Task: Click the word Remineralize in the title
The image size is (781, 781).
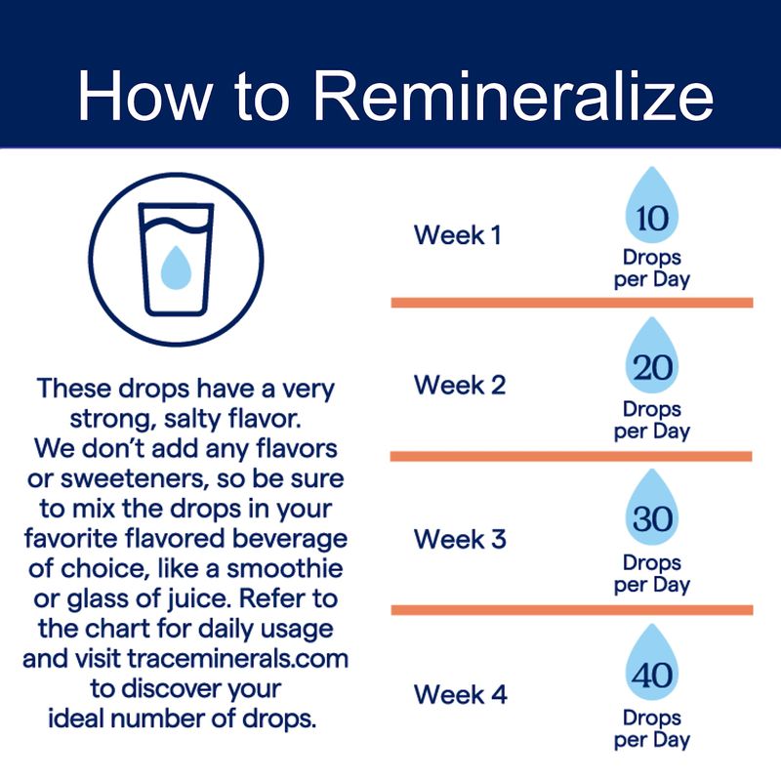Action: [x=514, y=95]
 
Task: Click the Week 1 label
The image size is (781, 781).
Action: [x=457, y=234]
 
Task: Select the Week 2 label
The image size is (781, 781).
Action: [x=460, y=385]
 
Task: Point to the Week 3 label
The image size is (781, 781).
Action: [x=460, y=539]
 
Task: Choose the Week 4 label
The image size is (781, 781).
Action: [x=460, y=694]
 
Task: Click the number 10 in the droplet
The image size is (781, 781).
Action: [x=652, y=218]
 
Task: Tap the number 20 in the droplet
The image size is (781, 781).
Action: [x=652, y=368]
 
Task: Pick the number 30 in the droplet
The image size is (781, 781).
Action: [x=652, y=519]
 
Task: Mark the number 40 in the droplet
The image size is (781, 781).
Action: [x=652, y=675]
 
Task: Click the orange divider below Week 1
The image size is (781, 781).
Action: [x=572, y=303]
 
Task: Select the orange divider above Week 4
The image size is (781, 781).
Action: [x=572, y=610]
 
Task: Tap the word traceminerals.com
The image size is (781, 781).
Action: [x=237, y=658]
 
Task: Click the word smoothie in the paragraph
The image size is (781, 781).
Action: [x=285, y=568]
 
